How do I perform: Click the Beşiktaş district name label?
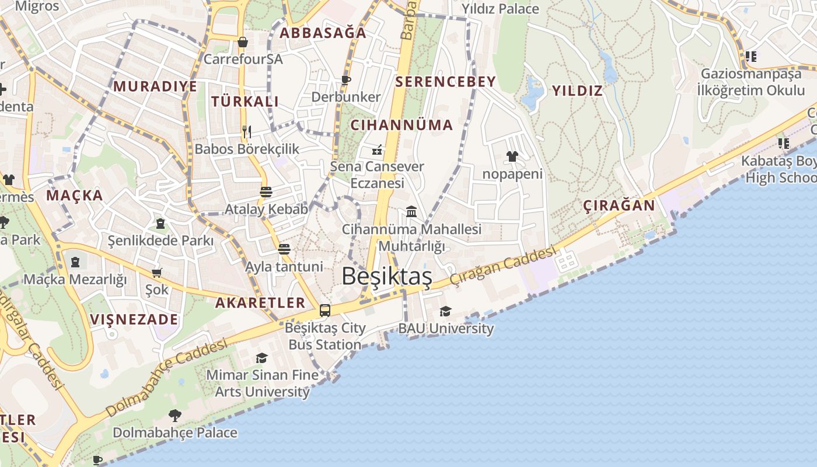point(387,276)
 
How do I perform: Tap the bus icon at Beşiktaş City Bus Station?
point(325,311)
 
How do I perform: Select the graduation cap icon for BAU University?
point(445,311)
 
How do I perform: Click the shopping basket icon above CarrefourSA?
point(243,42)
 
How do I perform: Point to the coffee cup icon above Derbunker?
point(346,79)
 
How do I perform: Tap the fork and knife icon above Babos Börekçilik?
point(247,132)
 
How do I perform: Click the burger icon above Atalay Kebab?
point(266,192)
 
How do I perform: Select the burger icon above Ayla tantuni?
point(284,249)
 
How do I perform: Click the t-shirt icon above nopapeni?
point(512,156)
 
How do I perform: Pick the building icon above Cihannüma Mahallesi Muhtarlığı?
point(411,211)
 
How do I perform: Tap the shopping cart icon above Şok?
point(156,273)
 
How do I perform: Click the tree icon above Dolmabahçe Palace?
point(174,416)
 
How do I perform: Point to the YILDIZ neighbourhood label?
point(577,90)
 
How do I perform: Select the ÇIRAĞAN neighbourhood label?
point(619,205)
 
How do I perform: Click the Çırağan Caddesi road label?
point(502,267)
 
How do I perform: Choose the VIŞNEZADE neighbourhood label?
point(134,319)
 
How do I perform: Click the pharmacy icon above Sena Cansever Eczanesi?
point(377,150)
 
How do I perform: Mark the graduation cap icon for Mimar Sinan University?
point(261,358)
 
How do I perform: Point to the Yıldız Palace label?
point(500,9)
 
